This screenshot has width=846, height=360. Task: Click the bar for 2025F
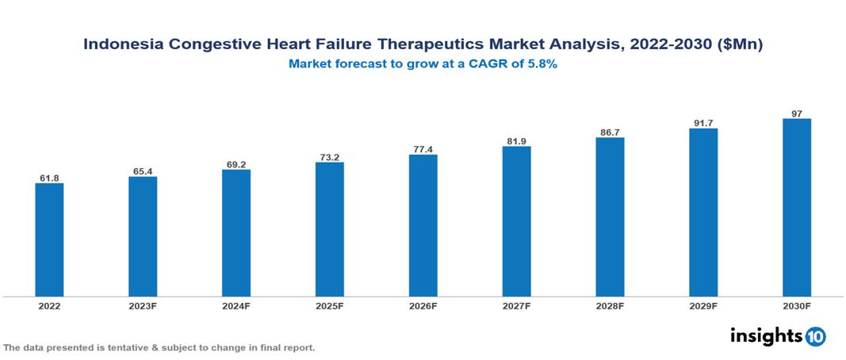coord(329,229)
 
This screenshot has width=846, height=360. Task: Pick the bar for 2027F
coord(516,221)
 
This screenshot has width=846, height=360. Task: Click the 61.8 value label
coord(49,178)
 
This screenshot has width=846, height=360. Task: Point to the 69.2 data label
coord(235,164)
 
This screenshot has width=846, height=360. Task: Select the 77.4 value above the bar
coord(423,149)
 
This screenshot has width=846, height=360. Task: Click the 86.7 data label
coord(610,132)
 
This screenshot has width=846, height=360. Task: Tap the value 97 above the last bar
coord(796,113)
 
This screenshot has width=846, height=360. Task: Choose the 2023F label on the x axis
coord(143,306)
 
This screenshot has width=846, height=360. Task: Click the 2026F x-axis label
coord(423,306)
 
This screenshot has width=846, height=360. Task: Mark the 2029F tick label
coord(703,306)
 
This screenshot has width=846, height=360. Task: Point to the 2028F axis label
coord(610,306)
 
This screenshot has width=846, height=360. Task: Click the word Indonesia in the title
coord(124,45)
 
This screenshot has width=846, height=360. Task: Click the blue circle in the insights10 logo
coord(815,336)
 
